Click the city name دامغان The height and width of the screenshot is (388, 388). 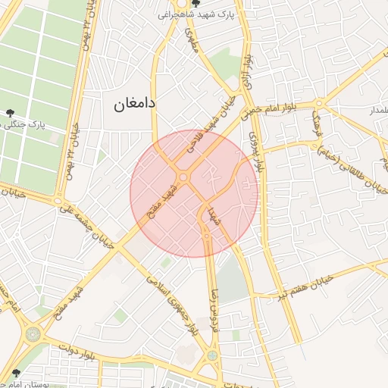pos(133,104)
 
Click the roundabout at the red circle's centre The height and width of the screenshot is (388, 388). pos(184,178)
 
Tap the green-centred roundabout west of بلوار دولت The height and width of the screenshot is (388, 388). pos(33,333)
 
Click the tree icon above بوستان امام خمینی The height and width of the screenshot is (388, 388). pos(15,373)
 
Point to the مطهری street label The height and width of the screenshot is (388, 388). pos(189,39)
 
